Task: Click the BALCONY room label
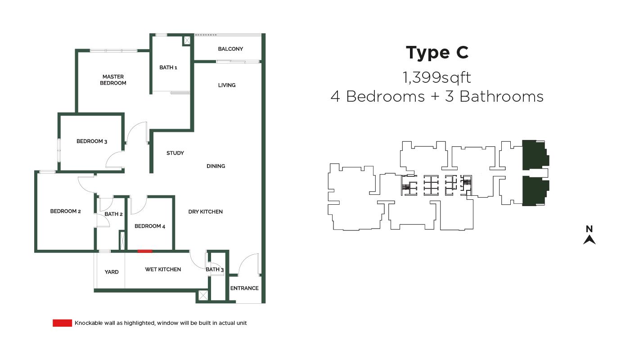(x=230, y=49)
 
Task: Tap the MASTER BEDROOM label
(x=113, y=80)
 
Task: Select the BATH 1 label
(x=168, y=67)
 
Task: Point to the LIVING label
(x=227, y=85)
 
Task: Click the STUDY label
(x=175, y=153)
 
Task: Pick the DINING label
(x=216, y=166)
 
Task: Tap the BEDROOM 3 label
(x=92, y=141)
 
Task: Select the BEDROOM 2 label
(x=66, y=211)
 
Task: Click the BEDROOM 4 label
(x=149, y=226)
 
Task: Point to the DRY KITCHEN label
(x=205, y=212)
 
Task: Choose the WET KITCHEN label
(x=163, y=270)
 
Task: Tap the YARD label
(x=112, y=272)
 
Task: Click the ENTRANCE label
(x=244, y=288)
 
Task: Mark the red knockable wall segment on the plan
(x=145, y=251)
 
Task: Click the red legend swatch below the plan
(x=62, y=323)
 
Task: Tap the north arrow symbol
(x=589, y=240)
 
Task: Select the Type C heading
(x=437, y=53)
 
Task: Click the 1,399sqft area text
(x=437, y=77)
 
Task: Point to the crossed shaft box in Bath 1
(x=187, y=40)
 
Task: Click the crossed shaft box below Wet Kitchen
(x=203, y=295)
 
